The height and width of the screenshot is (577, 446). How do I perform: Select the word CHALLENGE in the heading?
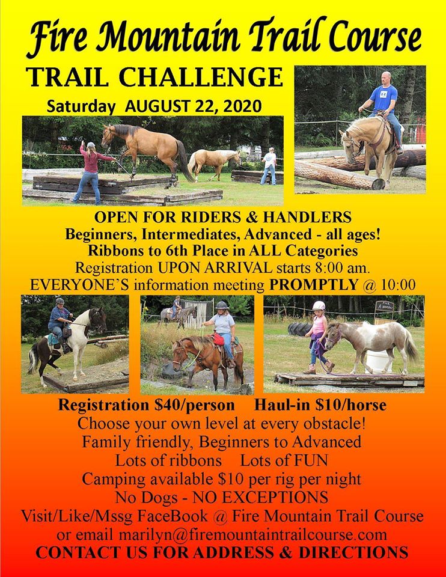pos(201,77)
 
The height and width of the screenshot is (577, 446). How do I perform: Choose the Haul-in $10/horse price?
pos(320,405)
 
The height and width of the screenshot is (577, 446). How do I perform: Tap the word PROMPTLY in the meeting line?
pos(314,284)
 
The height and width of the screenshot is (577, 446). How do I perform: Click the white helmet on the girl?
pos(319,305)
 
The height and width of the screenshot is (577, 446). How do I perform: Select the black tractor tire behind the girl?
pos(300,329)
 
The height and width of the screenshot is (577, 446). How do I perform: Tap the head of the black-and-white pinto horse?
pos(98,319)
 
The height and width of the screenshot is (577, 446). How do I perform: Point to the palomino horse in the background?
pos(214,162)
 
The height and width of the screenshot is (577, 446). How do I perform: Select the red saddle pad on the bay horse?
pos(219,339)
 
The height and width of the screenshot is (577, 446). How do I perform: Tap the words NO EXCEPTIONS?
pos(260,498)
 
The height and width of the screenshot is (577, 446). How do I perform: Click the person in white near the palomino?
pos(269,166)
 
